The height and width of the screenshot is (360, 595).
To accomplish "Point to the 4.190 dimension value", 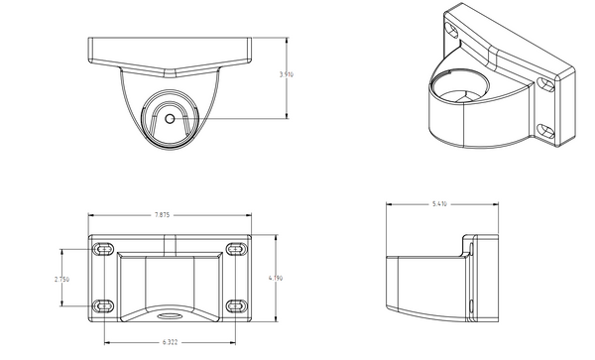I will coord(276,280).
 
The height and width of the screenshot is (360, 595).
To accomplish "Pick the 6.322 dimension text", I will coord(170,342).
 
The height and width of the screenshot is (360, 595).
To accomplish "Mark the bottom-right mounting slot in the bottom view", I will coord(235,304).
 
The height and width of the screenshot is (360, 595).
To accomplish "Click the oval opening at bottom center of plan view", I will coord(170,318).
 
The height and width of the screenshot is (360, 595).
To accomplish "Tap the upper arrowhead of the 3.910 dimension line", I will coord(288,41).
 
